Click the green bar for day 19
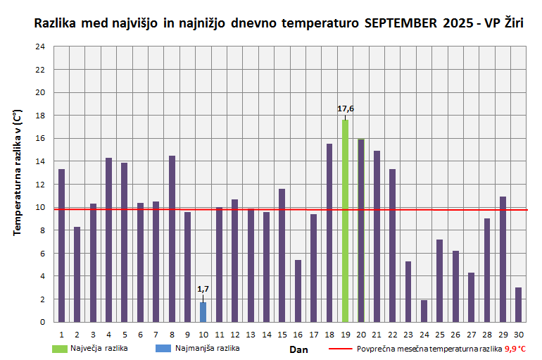pyautogui.click(x=345, y=221)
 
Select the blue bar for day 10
pyautogui.click(x=203, y=312)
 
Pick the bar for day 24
pyautogui.click(x=424, y=311)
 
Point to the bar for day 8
pyautogui.click(x=172, y=239)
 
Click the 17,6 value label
pyautogui.click(x=346, y=108)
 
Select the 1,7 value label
pyautogui.click(x=203, y=289)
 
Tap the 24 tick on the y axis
pyautogui.click(x=41, y=46)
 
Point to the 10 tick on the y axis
pyautogui.click(x=41, y=207)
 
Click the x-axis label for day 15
pyautogui.click(x=282, y=334)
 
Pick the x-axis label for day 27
pyautogui.click(x=471, y=334)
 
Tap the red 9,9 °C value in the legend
pyautogui.click(x=515, y=349)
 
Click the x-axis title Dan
pyautogui.click(x=298, y=349)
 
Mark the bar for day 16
pyautogui.click(x=298, y=291)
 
